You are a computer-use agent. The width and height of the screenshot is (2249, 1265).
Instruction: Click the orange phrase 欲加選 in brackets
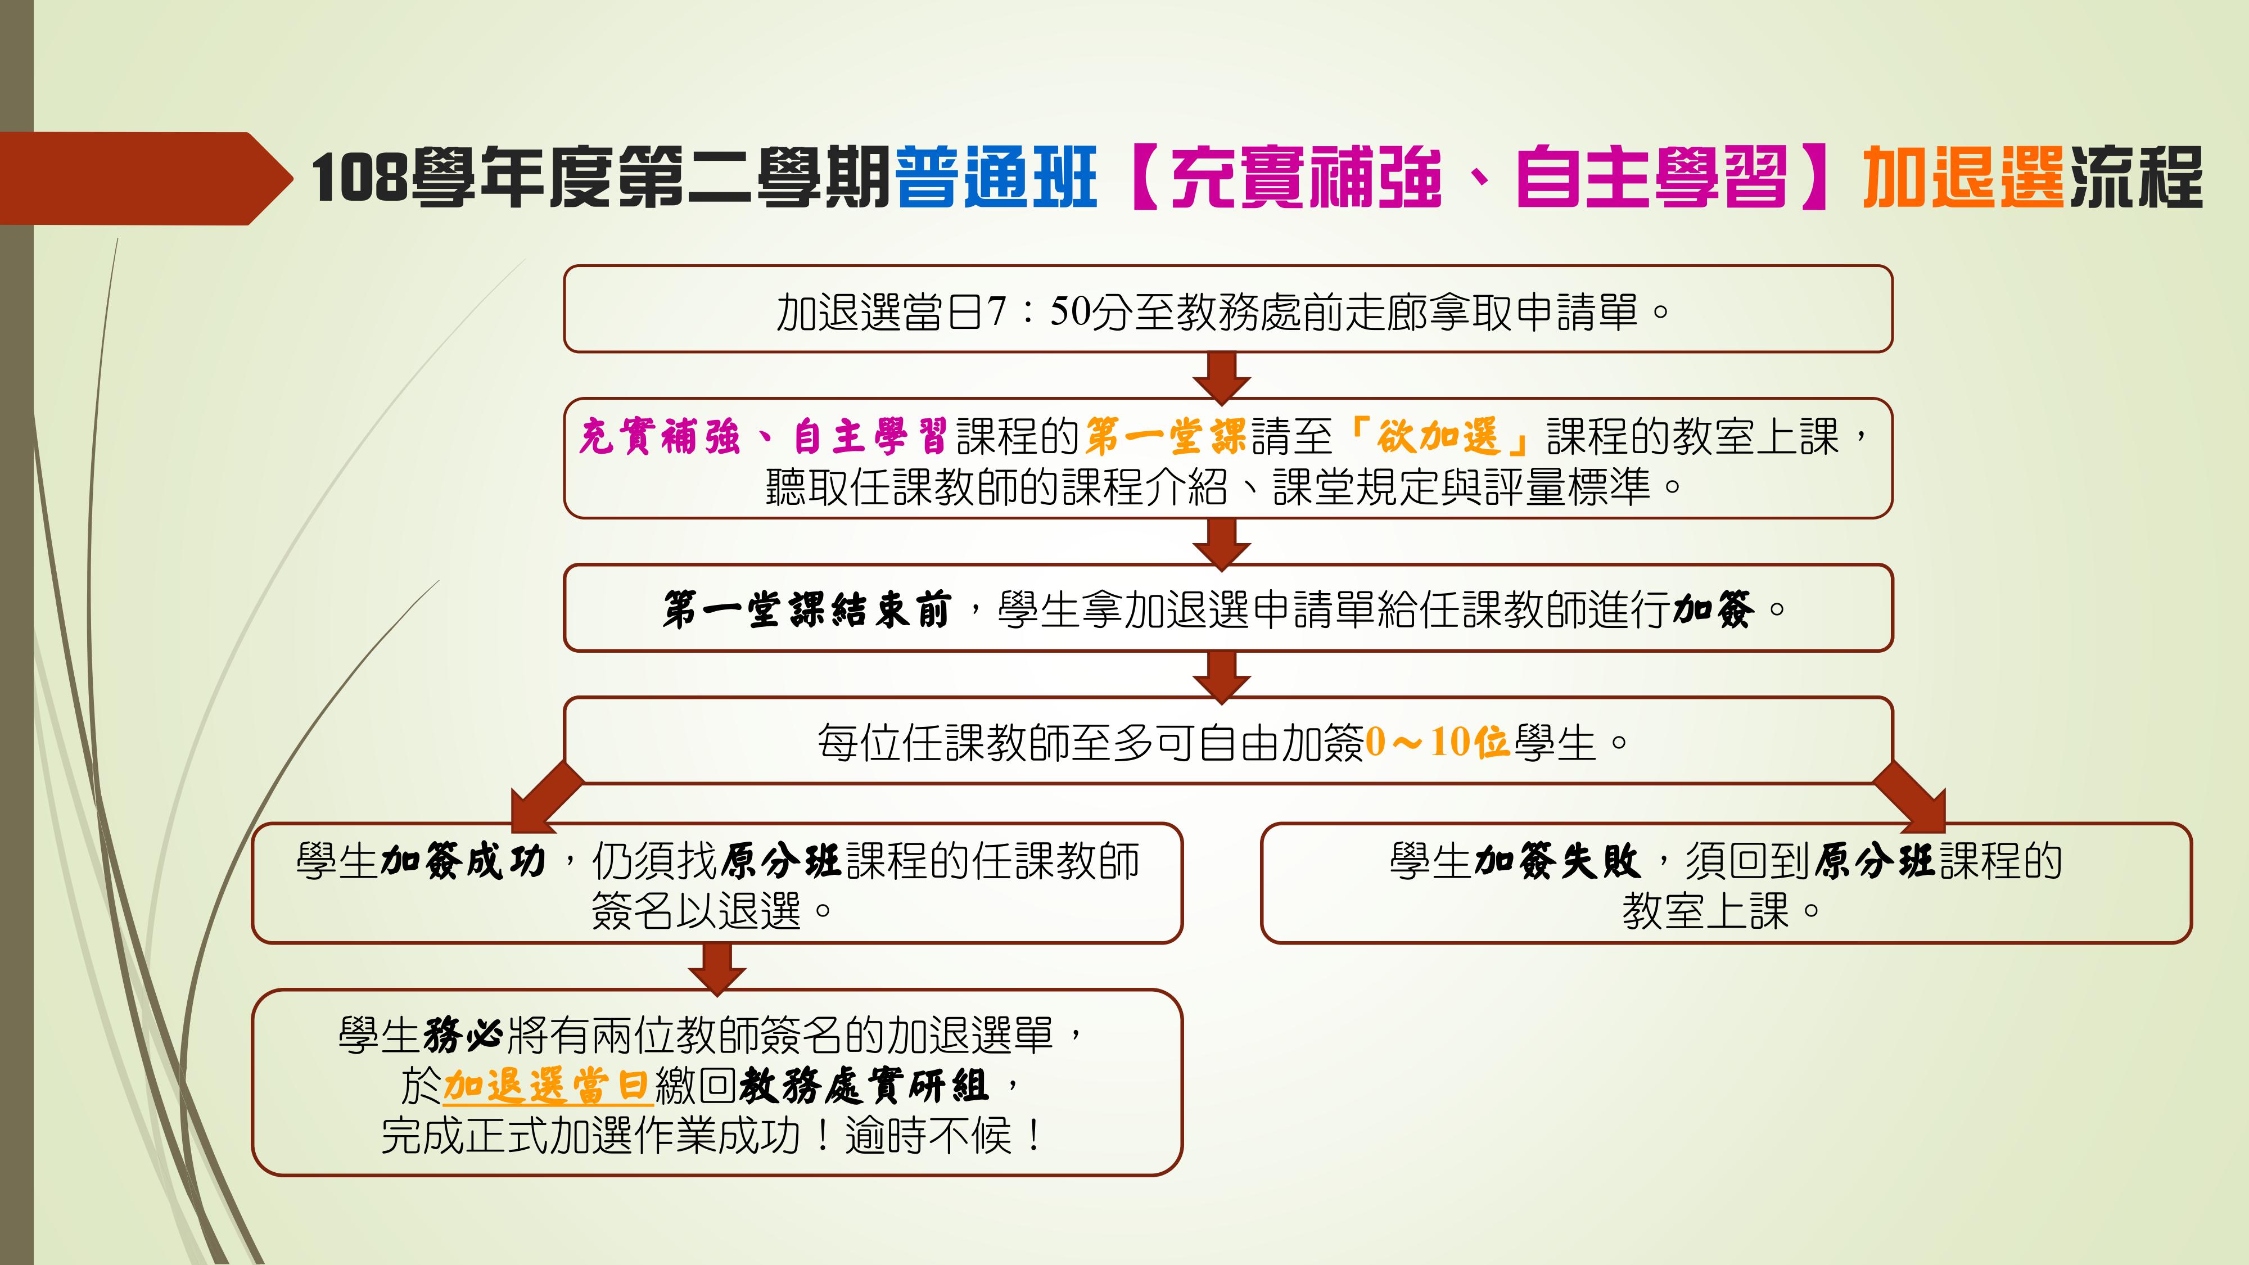click(x=1438, y=436)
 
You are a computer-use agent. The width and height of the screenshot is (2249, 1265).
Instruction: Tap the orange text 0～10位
click(x=1438, y=742)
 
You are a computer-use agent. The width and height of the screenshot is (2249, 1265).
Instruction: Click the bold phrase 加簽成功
click(x=464, y=861)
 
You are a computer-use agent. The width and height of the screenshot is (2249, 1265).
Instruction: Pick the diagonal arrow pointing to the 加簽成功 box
click(x=545, y=796)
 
